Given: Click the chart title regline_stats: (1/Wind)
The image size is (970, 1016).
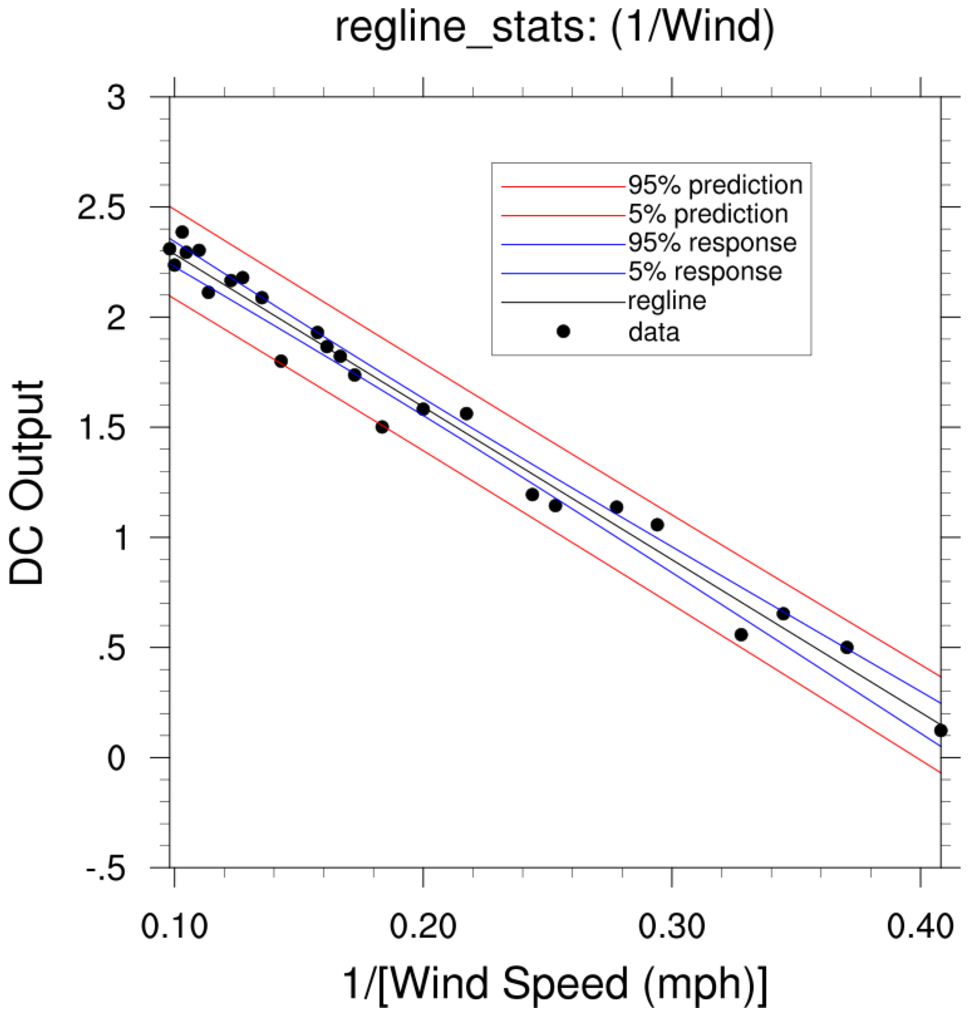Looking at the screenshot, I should tap(555, 29).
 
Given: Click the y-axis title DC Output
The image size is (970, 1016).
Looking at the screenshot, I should tap(28, 483).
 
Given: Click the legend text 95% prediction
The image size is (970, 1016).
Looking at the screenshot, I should tap(715, 185).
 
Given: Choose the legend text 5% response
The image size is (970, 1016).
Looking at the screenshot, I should tap(705, 272).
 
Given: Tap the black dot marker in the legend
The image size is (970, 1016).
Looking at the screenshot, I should tap(563, 331).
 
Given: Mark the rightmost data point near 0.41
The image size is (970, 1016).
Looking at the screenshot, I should tap(940, 730).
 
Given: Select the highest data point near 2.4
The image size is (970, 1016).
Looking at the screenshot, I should tap(182, 232).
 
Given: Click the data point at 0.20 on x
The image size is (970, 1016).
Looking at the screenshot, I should tap(423, 409).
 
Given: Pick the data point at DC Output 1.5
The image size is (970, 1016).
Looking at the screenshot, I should tap(382, 427).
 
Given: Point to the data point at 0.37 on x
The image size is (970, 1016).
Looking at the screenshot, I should tap(847, 647).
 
